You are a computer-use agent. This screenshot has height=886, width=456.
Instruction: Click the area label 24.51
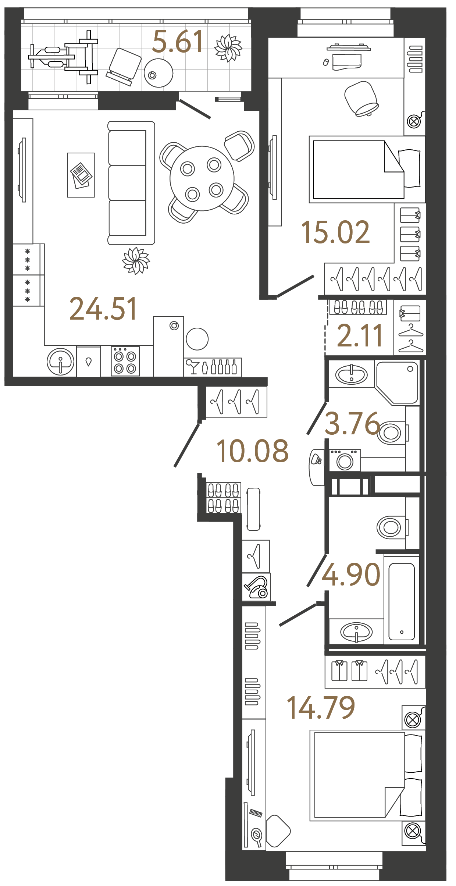(x=103, y=309)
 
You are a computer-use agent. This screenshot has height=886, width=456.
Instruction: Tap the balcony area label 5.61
(x=178, y=42)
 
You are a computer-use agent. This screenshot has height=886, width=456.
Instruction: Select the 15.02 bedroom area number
(x=335, y=232)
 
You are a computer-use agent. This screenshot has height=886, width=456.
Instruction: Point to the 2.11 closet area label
(x=360, y=336)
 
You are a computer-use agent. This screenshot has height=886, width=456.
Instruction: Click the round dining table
(x=202, y=178)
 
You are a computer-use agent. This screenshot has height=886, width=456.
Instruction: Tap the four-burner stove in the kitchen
(x=125, y=362)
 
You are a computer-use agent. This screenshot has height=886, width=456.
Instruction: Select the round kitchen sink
(x=60, y=362)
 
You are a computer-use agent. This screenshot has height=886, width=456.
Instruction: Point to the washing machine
(x=345, y=460)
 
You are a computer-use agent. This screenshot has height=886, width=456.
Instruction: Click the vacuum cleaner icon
(x=257, y=587)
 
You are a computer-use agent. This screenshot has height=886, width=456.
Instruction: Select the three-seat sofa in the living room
(x=131, y=183)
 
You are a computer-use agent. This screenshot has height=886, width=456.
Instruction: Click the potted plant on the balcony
(x=228, y=48)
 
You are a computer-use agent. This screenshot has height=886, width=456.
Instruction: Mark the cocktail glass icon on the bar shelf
(x=192, y=366)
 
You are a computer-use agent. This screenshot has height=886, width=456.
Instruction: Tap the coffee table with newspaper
(x=81, y=175)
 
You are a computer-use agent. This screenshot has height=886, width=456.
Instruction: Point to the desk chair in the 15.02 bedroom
(x=361, y=98)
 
